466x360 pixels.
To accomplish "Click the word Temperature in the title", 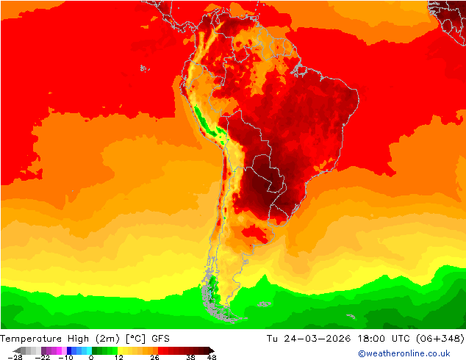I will point(32,339).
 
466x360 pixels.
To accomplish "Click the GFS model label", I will point(161,339).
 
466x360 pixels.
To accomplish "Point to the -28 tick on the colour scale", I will point(14,357).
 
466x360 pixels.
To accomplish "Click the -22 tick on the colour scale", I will point(42,357).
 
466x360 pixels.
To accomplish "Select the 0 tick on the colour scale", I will point(91,357).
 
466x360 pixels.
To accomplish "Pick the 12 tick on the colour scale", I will point(118,357).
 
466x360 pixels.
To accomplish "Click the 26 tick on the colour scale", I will point(154,357).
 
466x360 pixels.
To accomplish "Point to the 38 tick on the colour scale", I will point(190,357).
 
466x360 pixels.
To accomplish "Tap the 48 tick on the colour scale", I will point(212,357).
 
